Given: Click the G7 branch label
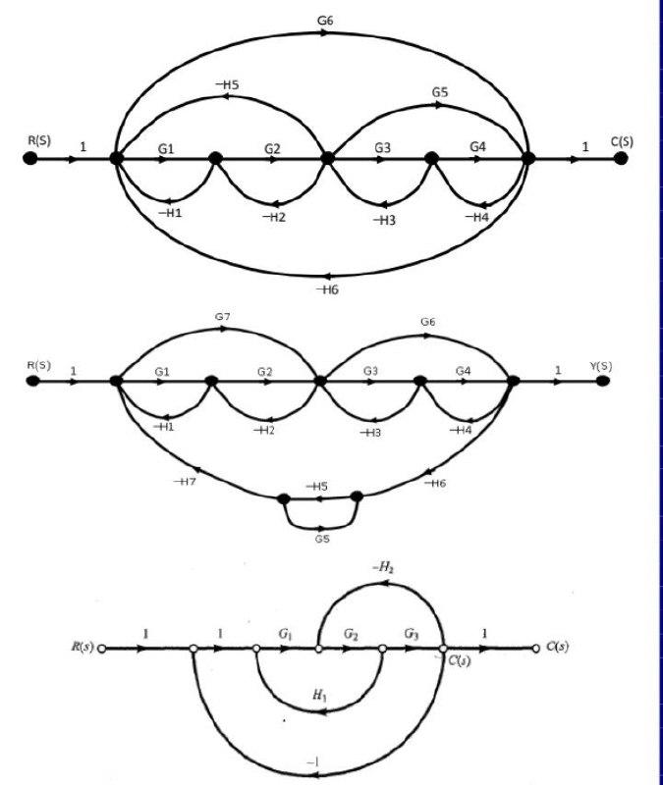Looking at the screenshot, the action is tap(221, 316).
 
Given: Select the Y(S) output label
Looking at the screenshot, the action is tap(600, 367).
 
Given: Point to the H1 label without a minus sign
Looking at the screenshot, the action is tap(317, 694).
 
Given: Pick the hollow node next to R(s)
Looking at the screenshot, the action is tap(101, 649).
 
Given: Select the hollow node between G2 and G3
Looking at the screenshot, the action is tap(381, 649).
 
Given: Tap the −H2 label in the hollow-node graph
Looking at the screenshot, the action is tap(383, 567).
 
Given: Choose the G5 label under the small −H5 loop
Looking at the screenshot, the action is tap(322, 539).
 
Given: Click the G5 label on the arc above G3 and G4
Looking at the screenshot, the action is tap(439, 92).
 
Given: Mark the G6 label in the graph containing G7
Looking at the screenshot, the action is tap(427, 321).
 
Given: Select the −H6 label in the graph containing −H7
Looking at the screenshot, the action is tap(435, 484).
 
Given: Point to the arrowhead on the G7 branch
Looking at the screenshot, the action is tap(226, 330).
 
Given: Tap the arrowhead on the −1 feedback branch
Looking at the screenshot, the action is tap(313, 775).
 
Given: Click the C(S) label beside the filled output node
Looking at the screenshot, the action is tap(622, 141).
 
